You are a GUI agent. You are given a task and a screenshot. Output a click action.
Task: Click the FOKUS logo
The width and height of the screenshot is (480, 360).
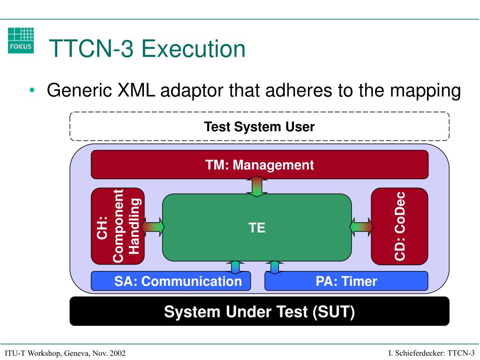[21, 40]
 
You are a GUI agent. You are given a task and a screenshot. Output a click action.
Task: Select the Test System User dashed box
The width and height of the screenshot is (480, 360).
[259, 127]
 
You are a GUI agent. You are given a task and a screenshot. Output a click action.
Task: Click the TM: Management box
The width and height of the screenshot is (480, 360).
[259, 165]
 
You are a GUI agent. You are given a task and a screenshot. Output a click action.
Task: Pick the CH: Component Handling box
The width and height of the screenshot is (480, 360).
[118, 226]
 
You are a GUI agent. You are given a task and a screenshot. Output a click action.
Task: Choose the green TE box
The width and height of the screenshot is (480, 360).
[257, 228]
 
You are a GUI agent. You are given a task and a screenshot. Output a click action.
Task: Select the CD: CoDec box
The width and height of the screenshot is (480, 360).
[399, 226]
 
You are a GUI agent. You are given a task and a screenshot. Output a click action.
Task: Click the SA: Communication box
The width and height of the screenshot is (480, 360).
[171, 281]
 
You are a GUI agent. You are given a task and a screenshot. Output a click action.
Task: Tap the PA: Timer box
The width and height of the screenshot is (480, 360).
[346, 281]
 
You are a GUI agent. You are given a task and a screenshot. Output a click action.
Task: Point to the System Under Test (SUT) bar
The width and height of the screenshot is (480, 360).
[259, 311]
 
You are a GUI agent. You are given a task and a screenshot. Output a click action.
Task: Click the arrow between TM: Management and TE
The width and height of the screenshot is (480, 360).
[256, 186]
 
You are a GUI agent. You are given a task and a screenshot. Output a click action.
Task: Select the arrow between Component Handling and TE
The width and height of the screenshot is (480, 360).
[153, 227]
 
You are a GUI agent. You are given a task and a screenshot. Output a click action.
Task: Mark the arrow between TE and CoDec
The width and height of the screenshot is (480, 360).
[361, 227]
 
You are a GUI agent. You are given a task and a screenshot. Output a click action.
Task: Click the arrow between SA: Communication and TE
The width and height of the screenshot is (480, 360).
[234, 267]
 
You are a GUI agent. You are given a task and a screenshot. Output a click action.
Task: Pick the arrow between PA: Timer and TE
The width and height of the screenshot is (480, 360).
[275, 267]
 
